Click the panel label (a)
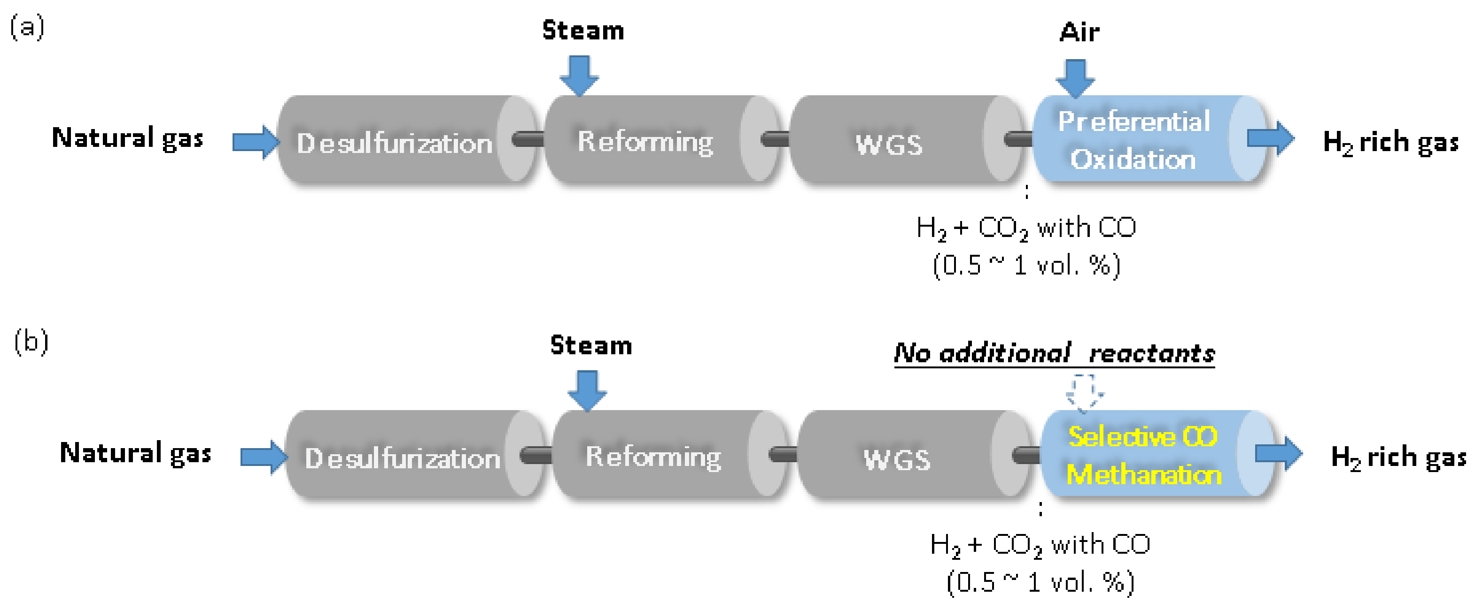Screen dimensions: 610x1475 pyautogui.click(x=27, y=28)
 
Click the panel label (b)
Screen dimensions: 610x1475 pyautogui.click(x=31, y=342)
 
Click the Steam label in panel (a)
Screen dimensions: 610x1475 pyautogui.click(x=583, y=31)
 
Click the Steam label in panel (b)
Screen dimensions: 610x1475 pyautogui.click(x=591, y=346)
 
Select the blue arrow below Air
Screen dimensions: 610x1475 pyautogui.click(x=1075, y=78)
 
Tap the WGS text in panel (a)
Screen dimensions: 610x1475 pyautogui.click(x=889, y=144)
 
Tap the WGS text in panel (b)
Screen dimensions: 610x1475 pyautogui.click(x=897, y=459)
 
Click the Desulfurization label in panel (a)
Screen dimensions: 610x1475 pyautogui.click(x=394, y=143)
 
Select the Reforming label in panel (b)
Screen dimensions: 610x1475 pyautogui.click(x=653, y=457)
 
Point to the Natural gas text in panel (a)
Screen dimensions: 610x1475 pyautogui.click(x=127, y=138)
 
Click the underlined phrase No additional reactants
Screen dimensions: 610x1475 pyautogui.click(x=1054, y=353)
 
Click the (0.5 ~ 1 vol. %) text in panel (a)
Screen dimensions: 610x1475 pyautogui.click(x=1026, y=266)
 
